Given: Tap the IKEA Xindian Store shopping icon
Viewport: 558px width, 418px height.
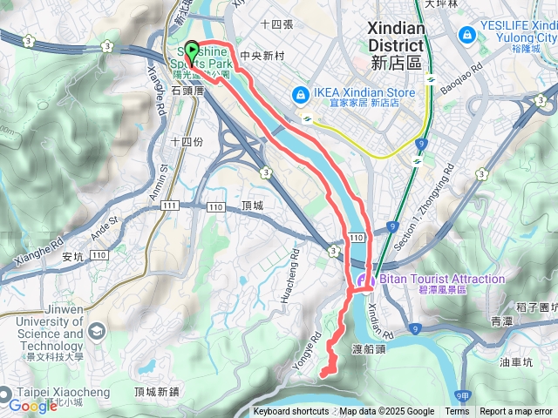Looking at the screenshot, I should click(300, 93).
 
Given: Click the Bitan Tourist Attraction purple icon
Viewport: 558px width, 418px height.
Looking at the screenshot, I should click(362, 280).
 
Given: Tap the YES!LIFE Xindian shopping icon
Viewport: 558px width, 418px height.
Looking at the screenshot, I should click(466, 34).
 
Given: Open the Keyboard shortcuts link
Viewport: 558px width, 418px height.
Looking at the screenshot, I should click(291, 412).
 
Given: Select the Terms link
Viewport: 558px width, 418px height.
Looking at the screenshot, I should click(457, 412).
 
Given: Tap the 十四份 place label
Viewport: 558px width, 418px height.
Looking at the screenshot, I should click(186, 141).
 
